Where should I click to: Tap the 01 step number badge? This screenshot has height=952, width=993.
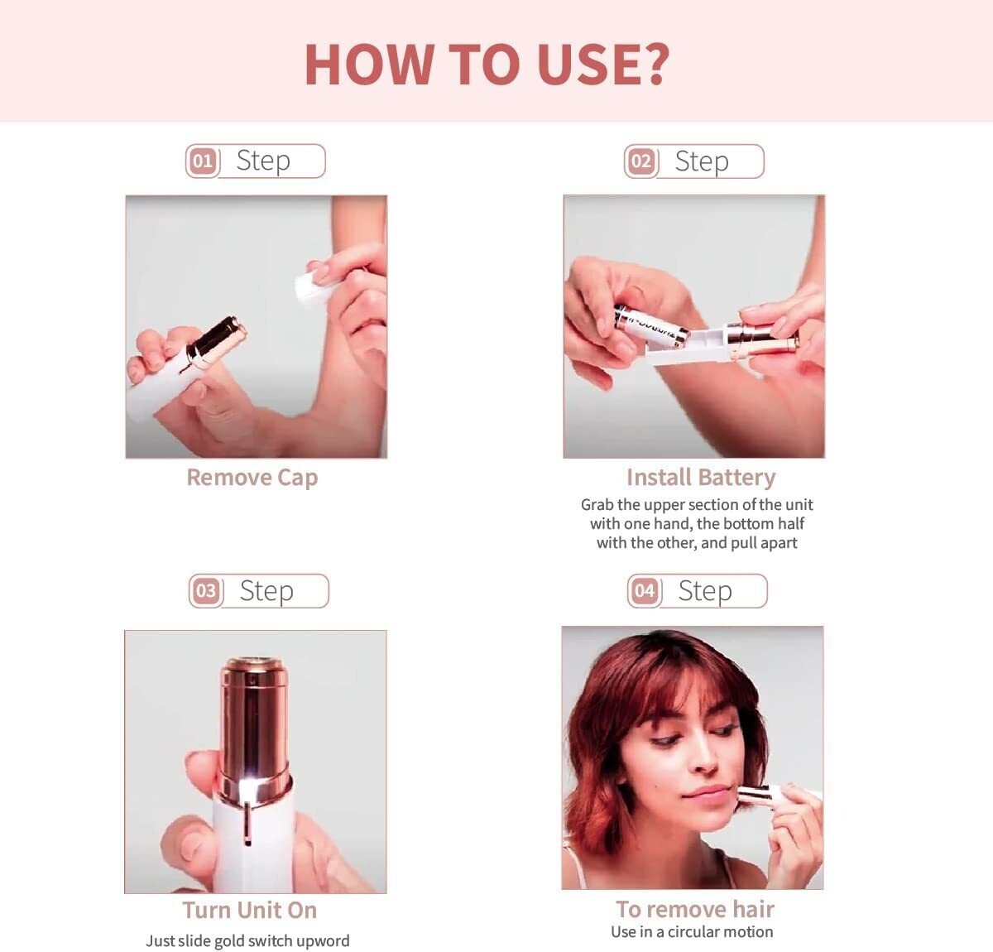tap(203, 161)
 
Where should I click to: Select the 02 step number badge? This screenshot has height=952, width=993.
tap(641, 161)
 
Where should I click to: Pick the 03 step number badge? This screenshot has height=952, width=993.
tap(206, 591)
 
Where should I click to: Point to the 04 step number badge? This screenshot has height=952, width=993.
tap(645, 591)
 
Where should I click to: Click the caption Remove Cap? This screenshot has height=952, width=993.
tap(252, 478)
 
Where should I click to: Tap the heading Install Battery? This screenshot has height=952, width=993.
tap(701, 478)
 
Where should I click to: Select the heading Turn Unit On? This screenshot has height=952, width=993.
tap(250, 910)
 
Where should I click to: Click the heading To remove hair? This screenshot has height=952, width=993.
tap(695, 909)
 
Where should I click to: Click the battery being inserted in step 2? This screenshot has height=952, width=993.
tap(651, 326)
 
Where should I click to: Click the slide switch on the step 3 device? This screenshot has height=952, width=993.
tap(247, 824)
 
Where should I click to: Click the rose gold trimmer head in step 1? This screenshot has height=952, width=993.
tap(216, 342)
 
